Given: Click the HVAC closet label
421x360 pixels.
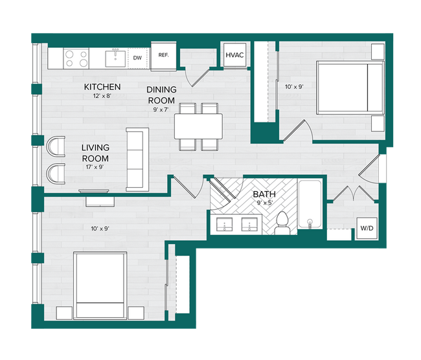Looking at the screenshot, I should tap(234, 55).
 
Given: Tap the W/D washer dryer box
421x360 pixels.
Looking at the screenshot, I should tap(366, 228).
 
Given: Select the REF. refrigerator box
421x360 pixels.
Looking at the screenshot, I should tap(163, 55).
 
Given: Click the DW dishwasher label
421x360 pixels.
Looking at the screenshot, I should tap(137, 58).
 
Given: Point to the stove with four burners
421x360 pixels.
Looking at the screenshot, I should tap(76, 59).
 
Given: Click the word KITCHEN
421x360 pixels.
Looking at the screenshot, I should tap(102, 87).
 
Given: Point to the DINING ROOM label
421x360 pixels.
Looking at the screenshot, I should tap(161, 95).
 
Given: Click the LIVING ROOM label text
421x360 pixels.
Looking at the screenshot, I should tap(95, 153).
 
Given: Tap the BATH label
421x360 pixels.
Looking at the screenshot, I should tap(264, 194).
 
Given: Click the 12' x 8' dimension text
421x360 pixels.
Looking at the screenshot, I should tap(102, 96).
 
